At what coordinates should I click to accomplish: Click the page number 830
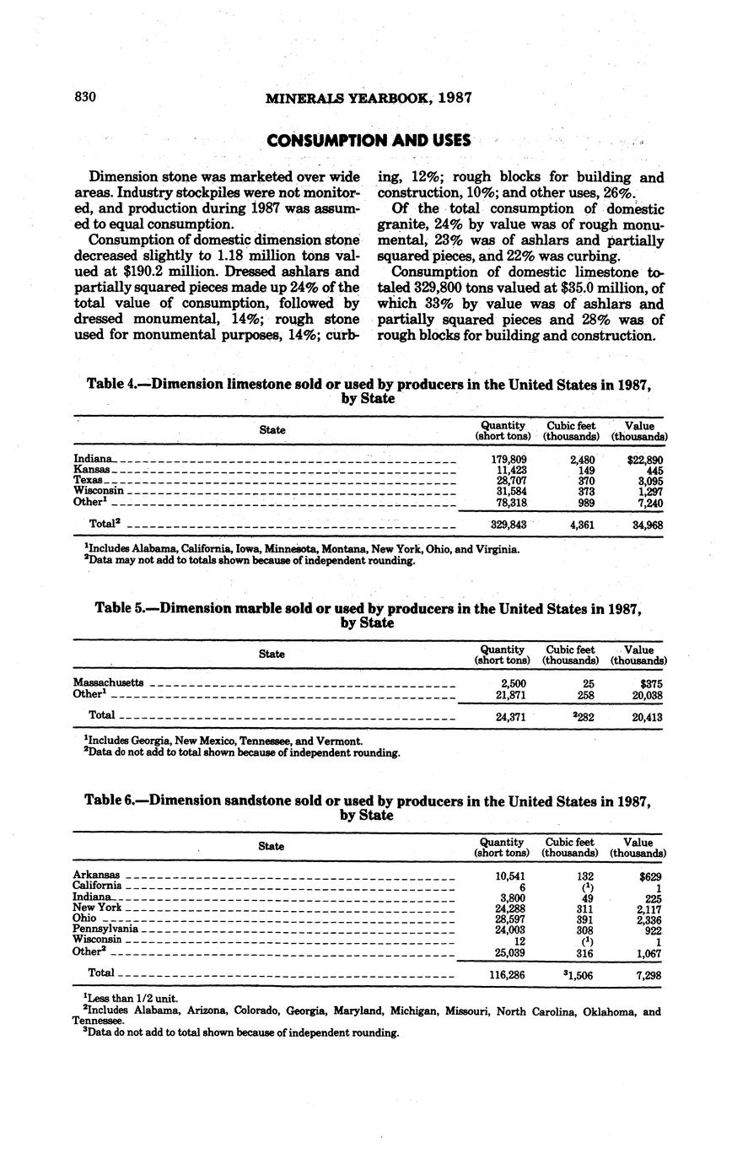coord(85,97)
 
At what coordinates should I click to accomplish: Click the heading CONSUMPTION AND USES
coord(369,140)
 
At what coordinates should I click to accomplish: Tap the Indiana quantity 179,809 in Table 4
coord(509,459)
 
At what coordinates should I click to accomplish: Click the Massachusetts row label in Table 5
coord(108,682)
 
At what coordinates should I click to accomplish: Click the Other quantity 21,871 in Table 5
coord(509,695)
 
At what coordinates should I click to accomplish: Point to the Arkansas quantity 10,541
coord(509,876)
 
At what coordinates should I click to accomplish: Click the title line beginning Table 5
coord(369,608)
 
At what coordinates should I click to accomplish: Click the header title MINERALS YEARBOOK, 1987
coord(369,98)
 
